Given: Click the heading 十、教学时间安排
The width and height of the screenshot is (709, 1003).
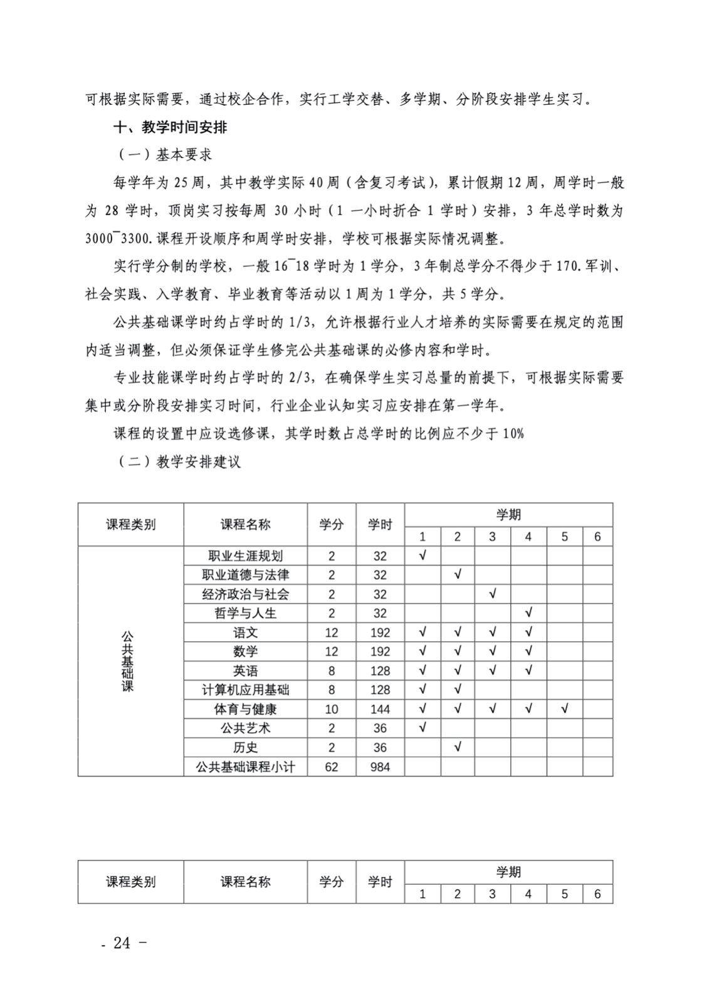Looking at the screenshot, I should pyautogui.click(x=170, y=127).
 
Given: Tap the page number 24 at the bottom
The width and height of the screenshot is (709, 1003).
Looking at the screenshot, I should pyautogui.click(x=123, y=943).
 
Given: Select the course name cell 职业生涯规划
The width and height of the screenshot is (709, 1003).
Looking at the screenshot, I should pyautogui.click(x=245, y=555).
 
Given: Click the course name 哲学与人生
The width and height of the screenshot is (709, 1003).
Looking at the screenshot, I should pyautogui.click(x=245, y=613).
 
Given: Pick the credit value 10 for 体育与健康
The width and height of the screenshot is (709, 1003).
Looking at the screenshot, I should pyautogui.click(x=332, y=709).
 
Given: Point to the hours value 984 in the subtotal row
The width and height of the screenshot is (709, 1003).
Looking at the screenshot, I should pyautogui.click(x=380, y=767).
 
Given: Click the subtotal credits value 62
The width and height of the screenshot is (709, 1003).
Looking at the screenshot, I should pyautogui.click(x=332, y=767).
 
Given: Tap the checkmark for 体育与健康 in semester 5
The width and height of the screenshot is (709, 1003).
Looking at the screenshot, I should pyautogui.click(x=565, y=708).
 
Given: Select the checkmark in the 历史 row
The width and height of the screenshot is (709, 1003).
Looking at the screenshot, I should pyautogui.click(x=458, y=747).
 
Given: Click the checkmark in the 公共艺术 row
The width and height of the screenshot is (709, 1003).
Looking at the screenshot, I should pyautogui.click(x=423, y=727).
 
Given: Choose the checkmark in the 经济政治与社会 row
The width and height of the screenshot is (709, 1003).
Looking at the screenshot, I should pyautogui.click(x=493, y=593).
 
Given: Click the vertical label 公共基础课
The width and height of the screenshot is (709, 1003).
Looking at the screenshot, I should pyautogui.click(x=128, y=661).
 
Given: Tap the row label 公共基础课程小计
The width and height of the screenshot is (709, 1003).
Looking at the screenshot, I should pyautogui.click(x=245, y=767).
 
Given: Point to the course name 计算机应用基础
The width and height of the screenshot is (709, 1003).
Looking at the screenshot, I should pyautogui.click(x=245, y=690).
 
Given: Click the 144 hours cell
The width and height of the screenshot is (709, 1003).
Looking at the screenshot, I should pyautogui.click(x=380, y=709).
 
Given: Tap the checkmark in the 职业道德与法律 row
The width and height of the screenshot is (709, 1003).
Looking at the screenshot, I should pyautogui.click(x=458, y=574).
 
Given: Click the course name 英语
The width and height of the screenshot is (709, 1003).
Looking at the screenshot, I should pyautogui.click(x=245, y=671).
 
